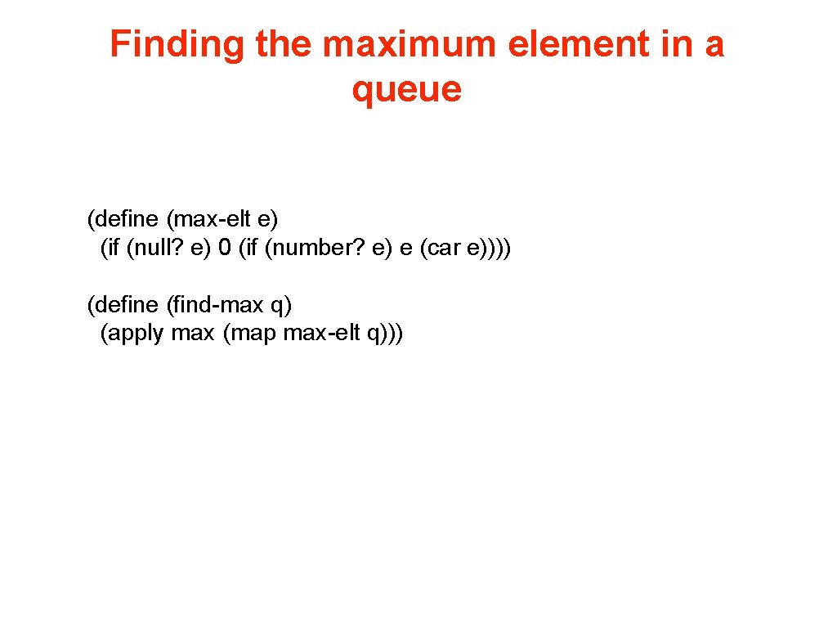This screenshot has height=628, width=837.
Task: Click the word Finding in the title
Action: pos(178,44)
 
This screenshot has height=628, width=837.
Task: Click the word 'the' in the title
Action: pos(285,44)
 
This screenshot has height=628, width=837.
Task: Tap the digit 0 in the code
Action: pos(224,248)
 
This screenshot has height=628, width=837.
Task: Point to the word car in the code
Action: pos(441,248)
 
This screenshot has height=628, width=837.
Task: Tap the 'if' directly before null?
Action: pos(114,248)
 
